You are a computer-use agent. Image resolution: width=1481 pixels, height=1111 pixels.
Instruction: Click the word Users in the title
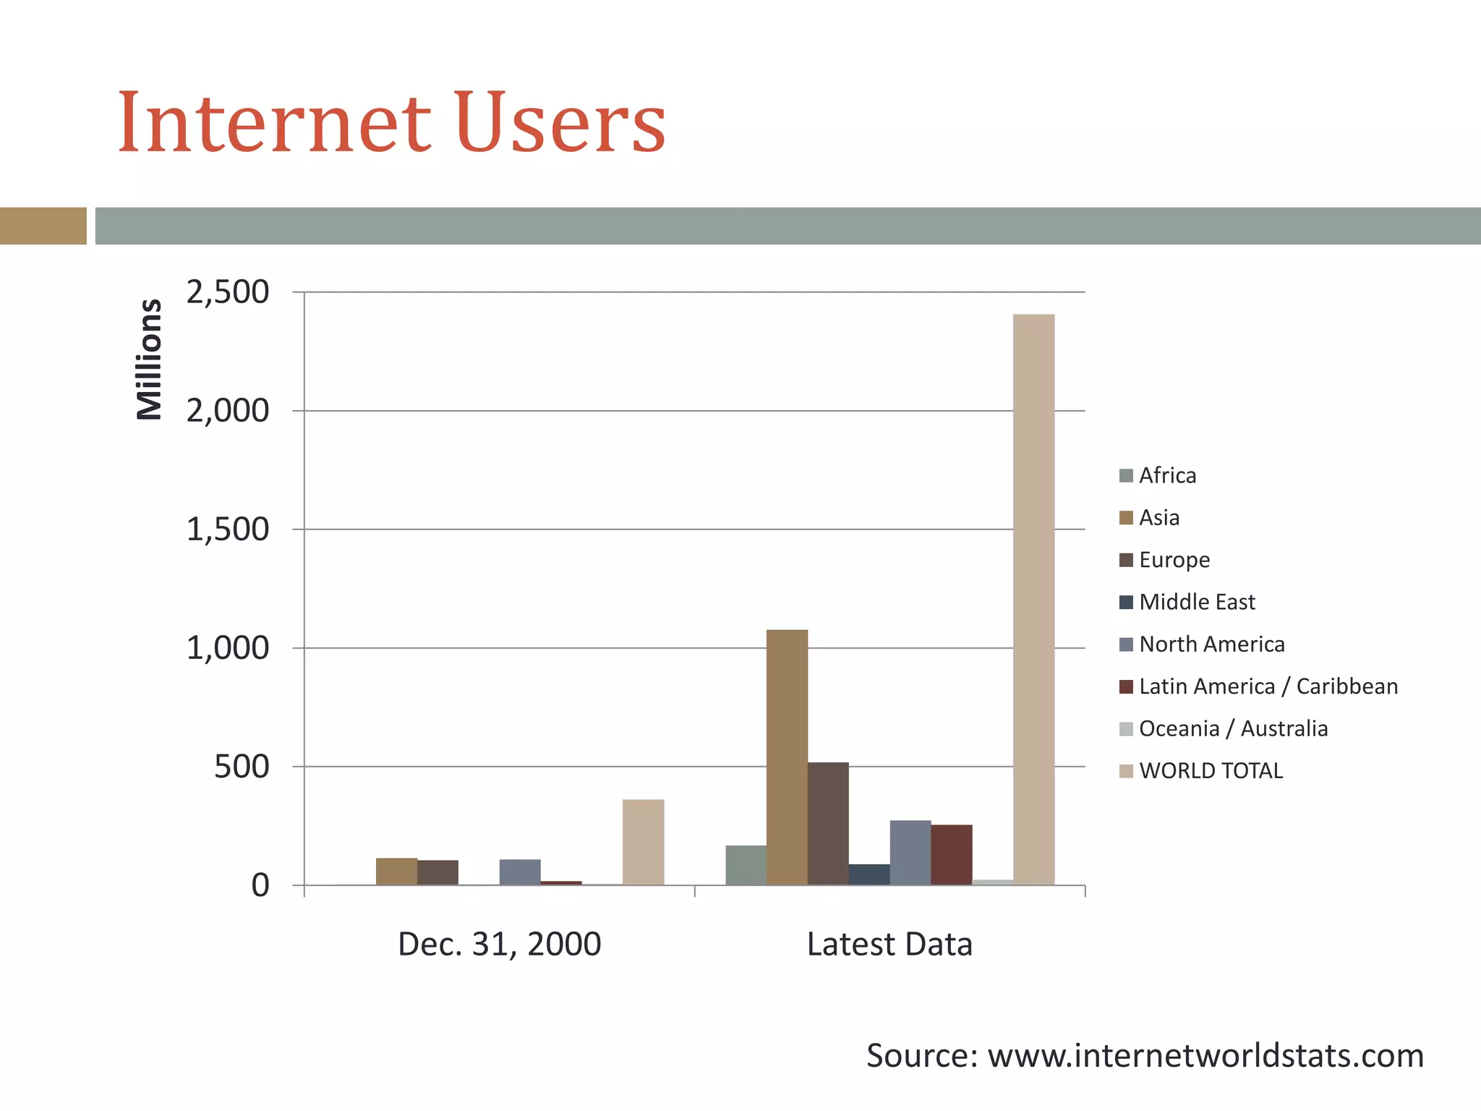(560, 123)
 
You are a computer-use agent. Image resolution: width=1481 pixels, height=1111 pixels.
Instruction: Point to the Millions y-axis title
(150, 359)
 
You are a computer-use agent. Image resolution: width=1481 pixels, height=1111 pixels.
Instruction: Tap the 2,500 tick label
(227, 292)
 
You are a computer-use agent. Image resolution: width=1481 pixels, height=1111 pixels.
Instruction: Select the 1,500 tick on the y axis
(227, 529)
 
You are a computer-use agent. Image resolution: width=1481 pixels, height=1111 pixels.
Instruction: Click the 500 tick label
(241, 767)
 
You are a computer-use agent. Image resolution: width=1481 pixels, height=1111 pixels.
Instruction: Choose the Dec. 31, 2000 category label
(499, 945)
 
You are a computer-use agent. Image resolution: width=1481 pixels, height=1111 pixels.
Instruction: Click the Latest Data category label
(889, 945)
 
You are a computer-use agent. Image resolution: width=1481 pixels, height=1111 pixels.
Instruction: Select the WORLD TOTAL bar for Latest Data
(1033, 600)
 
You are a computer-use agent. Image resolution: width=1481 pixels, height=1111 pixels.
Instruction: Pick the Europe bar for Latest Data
(828, 824)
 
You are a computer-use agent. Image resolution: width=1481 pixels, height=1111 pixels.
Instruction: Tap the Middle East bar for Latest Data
(869, 874)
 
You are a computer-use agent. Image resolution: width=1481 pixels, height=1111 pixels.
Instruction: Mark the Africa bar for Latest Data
(746, 865)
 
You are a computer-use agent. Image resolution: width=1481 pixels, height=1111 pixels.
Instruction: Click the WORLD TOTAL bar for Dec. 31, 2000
(643, 842)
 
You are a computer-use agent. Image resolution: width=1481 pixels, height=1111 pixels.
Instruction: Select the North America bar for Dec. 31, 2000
(520, 872)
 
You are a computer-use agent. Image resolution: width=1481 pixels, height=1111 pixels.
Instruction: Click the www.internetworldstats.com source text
(1205, 1056)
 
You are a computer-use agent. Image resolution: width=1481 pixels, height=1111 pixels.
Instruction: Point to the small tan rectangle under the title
(43, 226)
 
